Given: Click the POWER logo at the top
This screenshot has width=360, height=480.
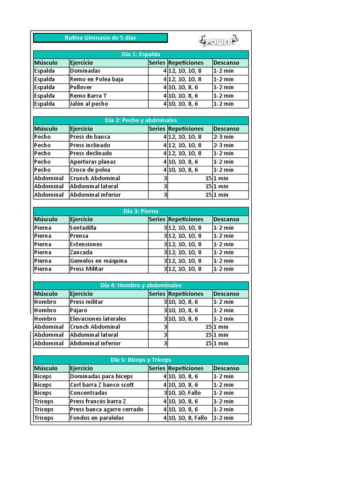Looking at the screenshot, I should (x=218, y=40).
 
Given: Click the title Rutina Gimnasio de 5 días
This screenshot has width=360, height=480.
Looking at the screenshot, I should (x=100, y=37).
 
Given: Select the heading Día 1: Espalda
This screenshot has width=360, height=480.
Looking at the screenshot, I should (x=141, y=54).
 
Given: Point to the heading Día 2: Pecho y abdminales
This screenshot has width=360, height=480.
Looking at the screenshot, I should (x=141, y=120).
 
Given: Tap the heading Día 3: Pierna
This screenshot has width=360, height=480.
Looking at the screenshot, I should (x=141, y=211).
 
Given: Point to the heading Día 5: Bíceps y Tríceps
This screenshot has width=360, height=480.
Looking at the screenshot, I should (x=141, y=360).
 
